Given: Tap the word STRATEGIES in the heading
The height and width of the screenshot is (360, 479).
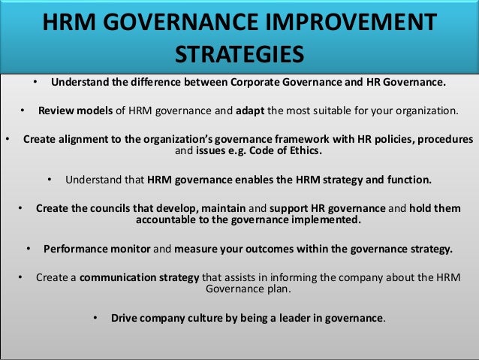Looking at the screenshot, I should [x=239, y=55].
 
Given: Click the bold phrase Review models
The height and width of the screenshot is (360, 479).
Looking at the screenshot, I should [x=75, y=111].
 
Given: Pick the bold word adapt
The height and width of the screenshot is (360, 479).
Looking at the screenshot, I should [x=249, y=111].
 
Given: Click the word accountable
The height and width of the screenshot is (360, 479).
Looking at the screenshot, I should [x=168, y=220].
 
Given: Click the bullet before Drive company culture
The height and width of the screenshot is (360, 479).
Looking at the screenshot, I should [x=95, y=317].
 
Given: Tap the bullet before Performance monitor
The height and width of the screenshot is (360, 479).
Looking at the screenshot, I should [x=28, y=248].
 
